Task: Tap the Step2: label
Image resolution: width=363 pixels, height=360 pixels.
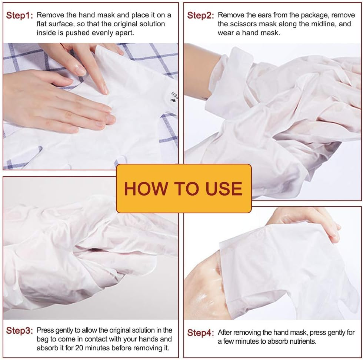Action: coord(200,16)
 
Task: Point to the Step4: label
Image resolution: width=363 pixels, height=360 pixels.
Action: coord(200,333)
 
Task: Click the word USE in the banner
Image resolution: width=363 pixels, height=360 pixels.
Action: coord(222,189)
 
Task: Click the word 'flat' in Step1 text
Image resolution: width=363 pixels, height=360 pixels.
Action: coord(43,24)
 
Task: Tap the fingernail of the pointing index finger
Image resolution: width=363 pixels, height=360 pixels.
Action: coord(105,89)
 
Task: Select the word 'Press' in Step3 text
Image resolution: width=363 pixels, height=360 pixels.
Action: coord(45,330)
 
